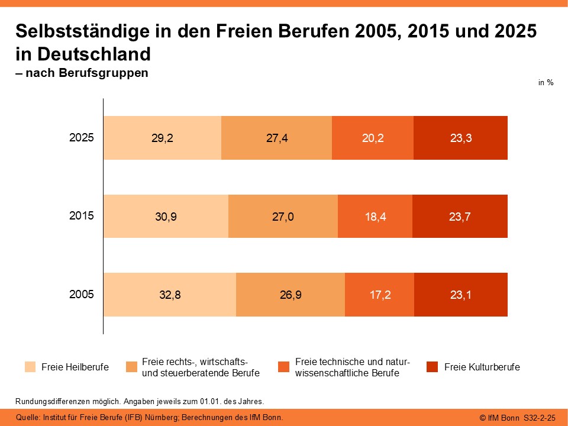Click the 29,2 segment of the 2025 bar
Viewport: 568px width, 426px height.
point(162,138)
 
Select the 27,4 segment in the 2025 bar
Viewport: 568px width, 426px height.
point(276,138)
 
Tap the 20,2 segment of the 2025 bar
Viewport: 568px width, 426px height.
point(372,138)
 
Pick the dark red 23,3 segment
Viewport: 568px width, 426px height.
point(460,138)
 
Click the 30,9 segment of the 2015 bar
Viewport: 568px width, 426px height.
point(166,216)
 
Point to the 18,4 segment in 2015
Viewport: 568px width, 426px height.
point(375,216)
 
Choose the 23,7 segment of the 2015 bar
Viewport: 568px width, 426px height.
point(460,216)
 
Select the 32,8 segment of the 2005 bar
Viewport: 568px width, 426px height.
point(170,295)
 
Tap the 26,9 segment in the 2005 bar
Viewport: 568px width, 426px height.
point(291,295)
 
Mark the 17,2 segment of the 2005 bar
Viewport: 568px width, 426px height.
point(379,295)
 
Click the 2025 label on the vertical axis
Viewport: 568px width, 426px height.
point(82,138)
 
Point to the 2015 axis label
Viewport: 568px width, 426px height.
point(82,216)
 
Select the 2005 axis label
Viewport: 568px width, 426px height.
point(82,294)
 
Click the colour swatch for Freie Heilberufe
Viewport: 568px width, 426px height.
point(30,367)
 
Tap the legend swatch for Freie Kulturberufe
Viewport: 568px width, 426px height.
point(433,367)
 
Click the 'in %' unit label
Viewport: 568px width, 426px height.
point(546,83)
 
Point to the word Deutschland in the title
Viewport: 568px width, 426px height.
point(93,54)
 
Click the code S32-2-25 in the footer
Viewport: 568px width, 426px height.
point(540,418)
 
